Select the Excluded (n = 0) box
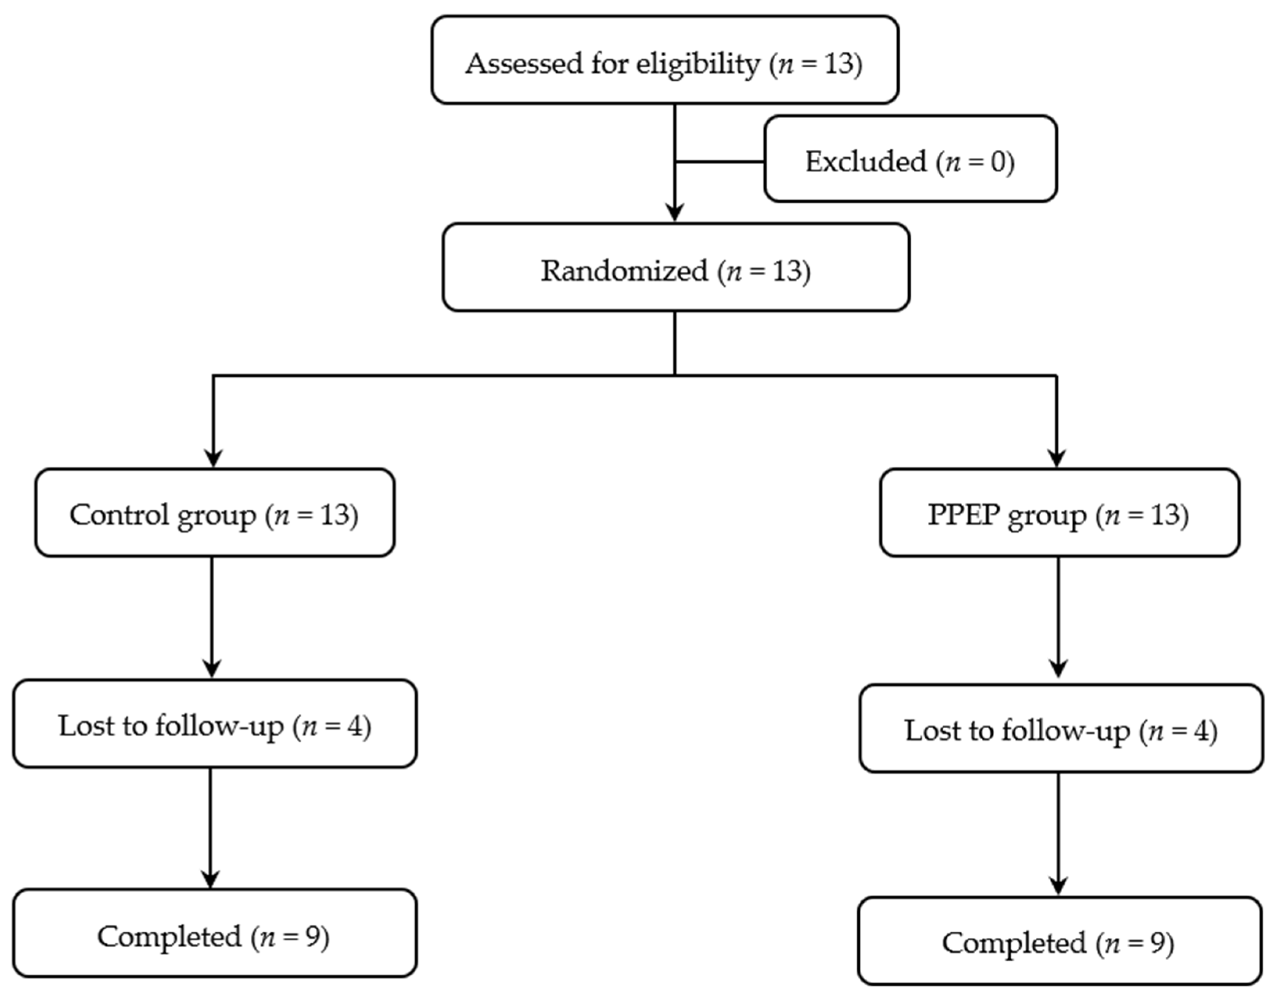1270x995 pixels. coord(911,159)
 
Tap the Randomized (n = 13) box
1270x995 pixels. coord(676,268)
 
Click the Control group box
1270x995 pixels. coord(214,513)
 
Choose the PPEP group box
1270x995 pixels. coord(1060,513)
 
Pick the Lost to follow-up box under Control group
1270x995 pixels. coord(214,724)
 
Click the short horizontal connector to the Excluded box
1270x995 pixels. coord(719,162)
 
